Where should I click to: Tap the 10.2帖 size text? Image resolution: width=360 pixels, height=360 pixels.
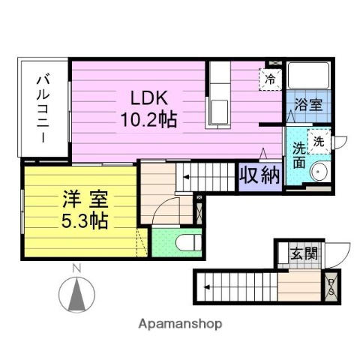click(148, 118)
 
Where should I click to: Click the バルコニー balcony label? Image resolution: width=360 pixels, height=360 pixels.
click(43, 108)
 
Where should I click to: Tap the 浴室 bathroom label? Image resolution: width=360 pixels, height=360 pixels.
click(308, 105)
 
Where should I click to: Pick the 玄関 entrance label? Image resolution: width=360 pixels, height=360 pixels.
click(304, 253)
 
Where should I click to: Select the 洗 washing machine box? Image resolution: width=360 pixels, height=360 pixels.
click(318, 140)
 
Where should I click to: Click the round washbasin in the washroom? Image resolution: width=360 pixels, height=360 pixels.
click(319, 172)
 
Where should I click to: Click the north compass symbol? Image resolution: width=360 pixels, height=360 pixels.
click(76, 294)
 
